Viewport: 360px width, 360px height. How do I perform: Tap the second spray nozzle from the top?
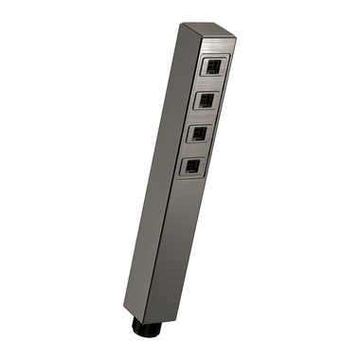pos(206,99)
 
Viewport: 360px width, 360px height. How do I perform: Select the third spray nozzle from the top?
pos(199,134)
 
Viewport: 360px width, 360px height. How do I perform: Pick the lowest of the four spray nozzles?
pos(192,167)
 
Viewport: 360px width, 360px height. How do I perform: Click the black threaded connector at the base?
pos(143,328)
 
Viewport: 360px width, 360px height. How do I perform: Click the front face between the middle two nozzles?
pos(202,117)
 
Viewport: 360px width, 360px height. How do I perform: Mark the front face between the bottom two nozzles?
pos(195,151)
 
